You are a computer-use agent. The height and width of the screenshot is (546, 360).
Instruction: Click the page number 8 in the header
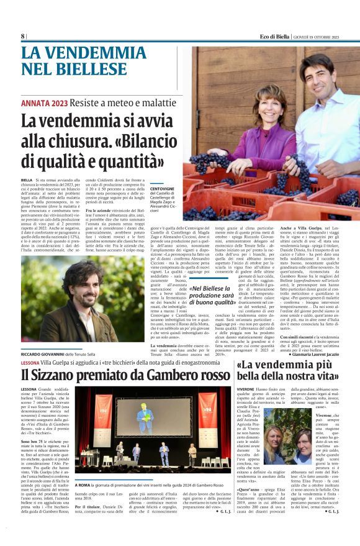(23, 36)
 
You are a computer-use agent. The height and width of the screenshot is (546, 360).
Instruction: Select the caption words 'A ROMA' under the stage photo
(84, 485)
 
